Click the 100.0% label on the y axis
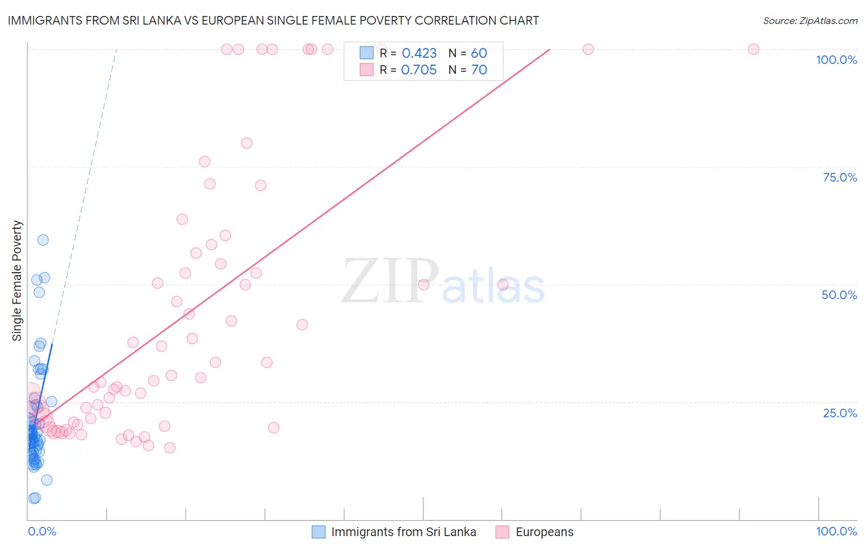(x=836, y=60)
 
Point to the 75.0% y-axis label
(x=840, y=177)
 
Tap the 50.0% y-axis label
(x=839, y=295)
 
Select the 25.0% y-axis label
(x=840, y=413)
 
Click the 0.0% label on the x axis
(x=42, y=531)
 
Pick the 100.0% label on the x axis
(x=836, y=531)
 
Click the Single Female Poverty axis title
(x=17, y=281)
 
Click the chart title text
(x=273, y=20)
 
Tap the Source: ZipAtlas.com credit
(x=810, y=20)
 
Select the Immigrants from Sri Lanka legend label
(x=404, y=532)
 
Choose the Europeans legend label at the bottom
(x=544, y=532)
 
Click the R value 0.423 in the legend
(x=419, y=54)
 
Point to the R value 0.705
(x=419, y=70)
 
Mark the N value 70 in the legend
(x=479, y=70)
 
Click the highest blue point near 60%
(x=43, y=240)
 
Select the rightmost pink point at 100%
(x=754, y=49)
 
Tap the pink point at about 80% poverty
(x=247, y=143)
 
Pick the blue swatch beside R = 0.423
(x=367, y=54)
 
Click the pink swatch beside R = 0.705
(x=367, y=70)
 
